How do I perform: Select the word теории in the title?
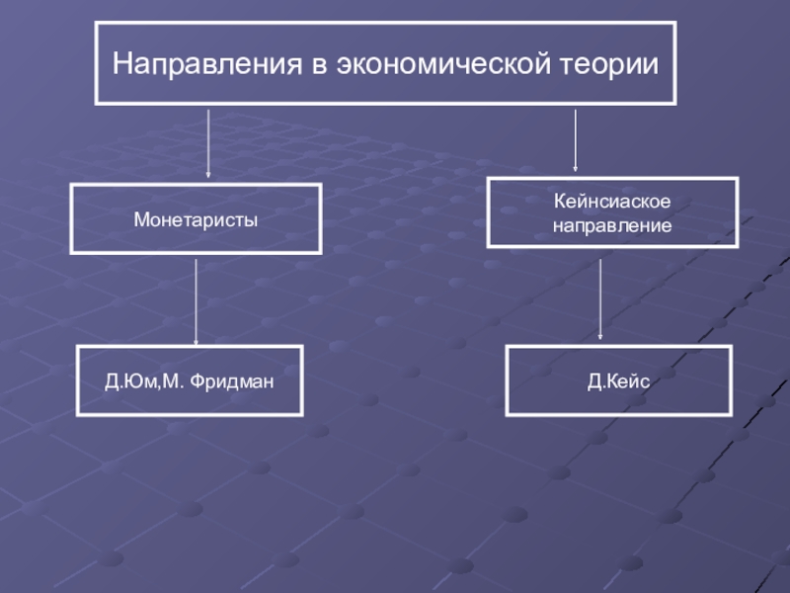(610, 65)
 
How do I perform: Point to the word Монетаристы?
(196, 219)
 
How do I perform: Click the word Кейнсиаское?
(611, 203)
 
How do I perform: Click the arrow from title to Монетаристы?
(208, 143)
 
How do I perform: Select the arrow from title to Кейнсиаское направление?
(575, 140)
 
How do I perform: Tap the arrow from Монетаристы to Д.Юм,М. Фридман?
(196, 301)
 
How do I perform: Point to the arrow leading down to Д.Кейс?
(600, 301)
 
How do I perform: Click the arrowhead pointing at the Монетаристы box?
(208, 176)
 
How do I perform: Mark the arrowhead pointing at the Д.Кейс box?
(600, 338)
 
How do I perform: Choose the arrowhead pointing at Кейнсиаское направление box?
(575, 170)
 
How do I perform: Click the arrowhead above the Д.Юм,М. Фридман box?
(196, 339)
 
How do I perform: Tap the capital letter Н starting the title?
(121, 65)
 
